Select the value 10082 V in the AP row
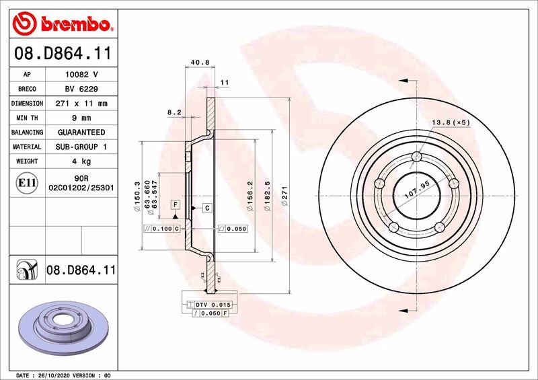81,74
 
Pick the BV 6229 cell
81,89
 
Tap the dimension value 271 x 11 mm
81,104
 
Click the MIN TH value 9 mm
81,118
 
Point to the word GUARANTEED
81,132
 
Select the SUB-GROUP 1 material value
81,147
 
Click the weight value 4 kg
81,161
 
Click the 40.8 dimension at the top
200,63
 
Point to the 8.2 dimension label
174,112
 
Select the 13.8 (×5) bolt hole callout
450,122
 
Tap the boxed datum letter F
175,204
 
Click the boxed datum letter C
207,208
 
